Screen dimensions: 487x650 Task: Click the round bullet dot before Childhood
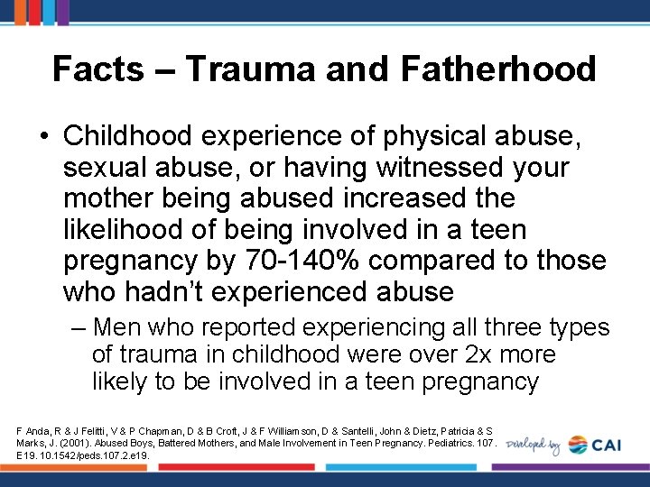click(x=44, y=136)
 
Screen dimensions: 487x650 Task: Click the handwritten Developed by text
click(x=534, y=445)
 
